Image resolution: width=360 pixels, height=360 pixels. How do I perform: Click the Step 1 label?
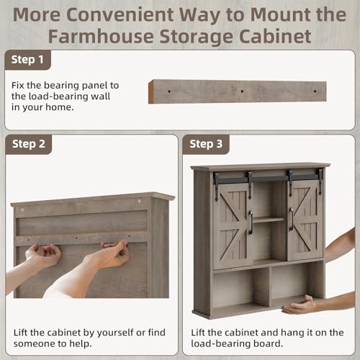tap(27, 60)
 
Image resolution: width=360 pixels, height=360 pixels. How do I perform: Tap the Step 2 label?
tap(29, 144)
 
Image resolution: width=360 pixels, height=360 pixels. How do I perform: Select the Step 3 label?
tap(206, 144)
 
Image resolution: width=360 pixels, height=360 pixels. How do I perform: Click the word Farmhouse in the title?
tap(101, 37)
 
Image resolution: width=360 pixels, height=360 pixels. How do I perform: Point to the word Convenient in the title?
tap(120, 15)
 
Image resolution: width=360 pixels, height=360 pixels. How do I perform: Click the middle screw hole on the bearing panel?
tap(242, 91)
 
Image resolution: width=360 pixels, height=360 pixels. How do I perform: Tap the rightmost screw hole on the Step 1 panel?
tap(315, 91)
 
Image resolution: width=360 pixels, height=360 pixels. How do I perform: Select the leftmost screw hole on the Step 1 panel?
tap(169, 91)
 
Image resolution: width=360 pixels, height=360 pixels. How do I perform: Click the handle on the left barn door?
tap(251, 222)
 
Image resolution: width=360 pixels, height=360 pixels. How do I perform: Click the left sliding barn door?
tap(233, 225)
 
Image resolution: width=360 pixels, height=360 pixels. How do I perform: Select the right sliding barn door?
tap(305, 220)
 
